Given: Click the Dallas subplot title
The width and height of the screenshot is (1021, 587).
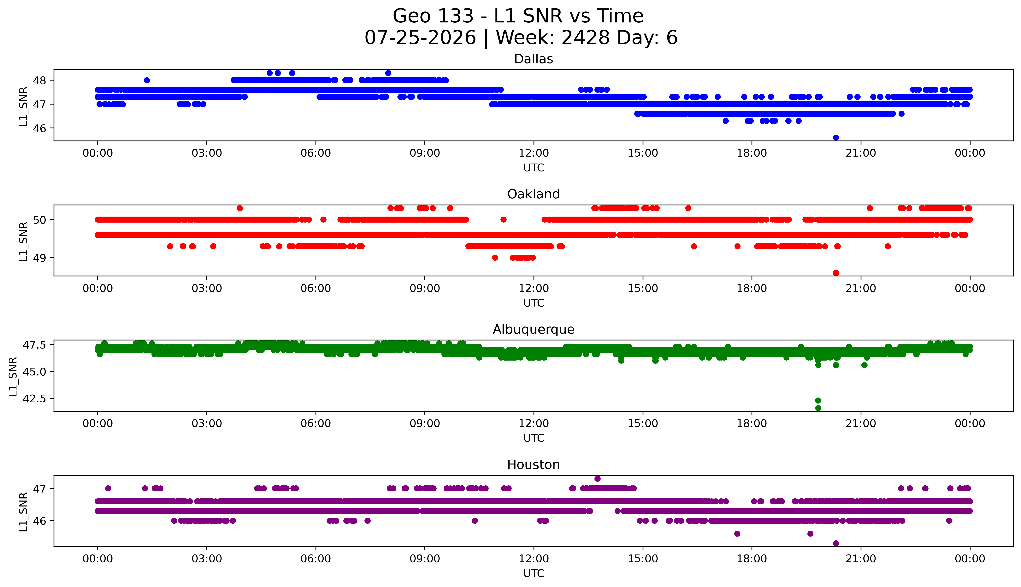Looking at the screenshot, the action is [534, 59].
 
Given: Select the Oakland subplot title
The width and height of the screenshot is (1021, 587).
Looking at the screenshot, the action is [534, 194].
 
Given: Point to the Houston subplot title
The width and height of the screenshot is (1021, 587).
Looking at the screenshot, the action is [534, 465].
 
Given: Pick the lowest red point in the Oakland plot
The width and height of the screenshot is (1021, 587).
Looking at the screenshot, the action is [836, 273].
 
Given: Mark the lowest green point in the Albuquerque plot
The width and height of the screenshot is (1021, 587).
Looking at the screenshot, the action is [818, 408].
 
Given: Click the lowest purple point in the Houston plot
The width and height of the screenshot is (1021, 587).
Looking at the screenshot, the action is [836, 543].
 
